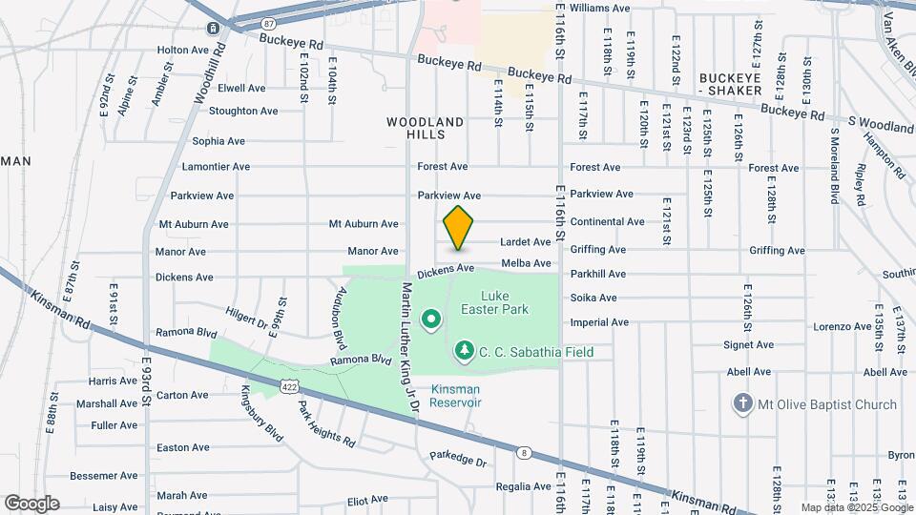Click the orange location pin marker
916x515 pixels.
pos(459,227)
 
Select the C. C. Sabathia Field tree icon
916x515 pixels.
pos(465,352)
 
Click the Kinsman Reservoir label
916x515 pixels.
pos(456,396)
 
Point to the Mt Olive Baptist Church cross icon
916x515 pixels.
pos(743,403)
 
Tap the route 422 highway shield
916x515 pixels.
pos(290,384)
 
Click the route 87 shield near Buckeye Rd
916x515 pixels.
pos(269,23)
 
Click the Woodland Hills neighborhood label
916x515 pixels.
pos(426,129)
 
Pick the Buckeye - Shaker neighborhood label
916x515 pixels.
pos(730,84)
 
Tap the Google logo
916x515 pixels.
pos(31,504)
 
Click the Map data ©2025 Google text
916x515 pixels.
pos(856,507)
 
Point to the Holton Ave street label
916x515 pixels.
pos(182,50)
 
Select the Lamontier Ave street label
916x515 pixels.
pos(216,166)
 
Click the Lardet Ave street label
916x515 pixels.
pos(526,242)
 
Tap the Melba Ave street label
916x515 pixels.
pos(526,263)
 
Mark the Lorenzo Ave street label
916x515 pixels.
pos(843,326)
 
